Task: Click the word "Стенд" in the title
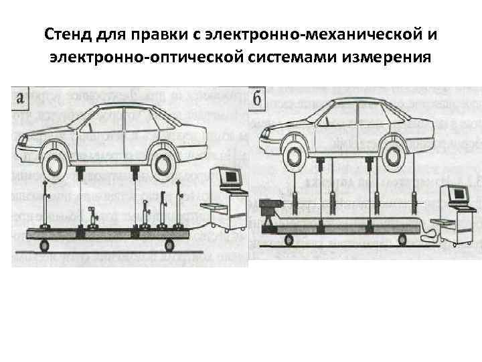pyautogui.click(x=68, y=34)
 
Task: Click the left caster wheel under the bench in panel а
pyautogui.click(x=45, y=246)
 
